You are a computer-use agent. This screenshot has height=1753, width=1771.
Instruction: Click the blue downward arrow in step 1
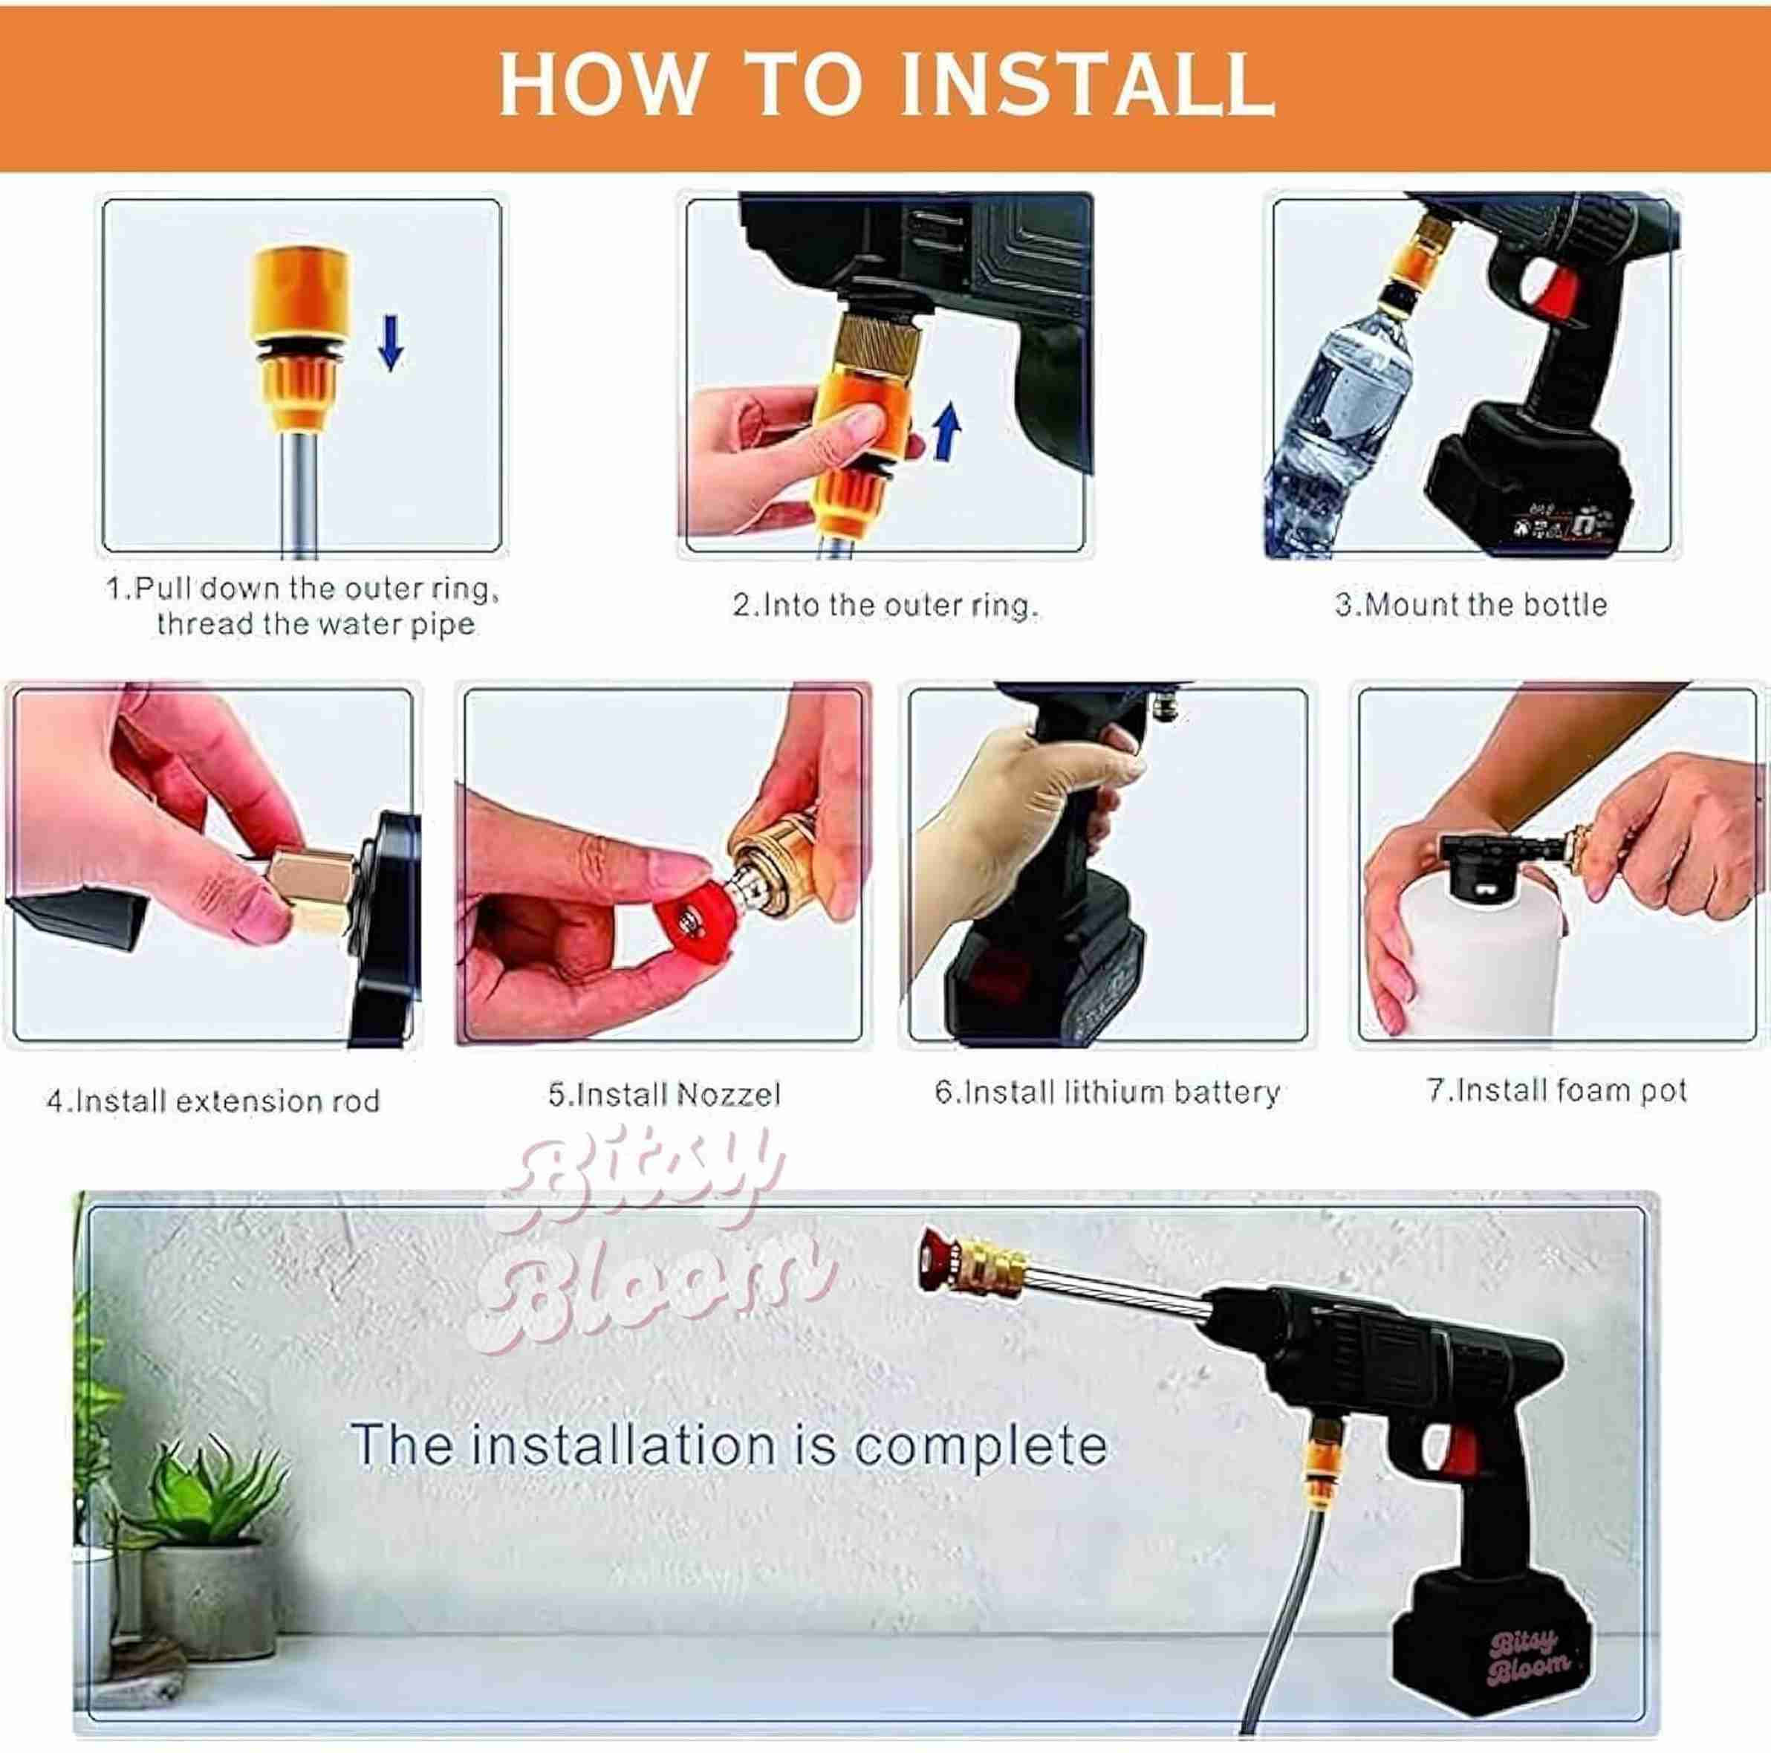click(x=391, y=342)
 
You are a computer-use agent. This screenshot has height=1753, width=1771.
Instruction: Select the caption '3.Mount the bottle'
click(x=1470, y=605)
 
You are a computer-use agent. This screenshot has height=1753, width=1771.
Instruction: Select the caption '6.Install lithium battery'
click(x=1106, y=1092)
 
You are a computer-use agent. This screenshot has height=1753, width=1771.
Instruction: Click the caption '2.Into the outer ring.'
click(x=885, y=605)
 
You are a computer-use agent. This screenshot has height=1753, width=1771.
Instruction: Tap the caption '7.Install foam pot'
click(x=1556, y=1090)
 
